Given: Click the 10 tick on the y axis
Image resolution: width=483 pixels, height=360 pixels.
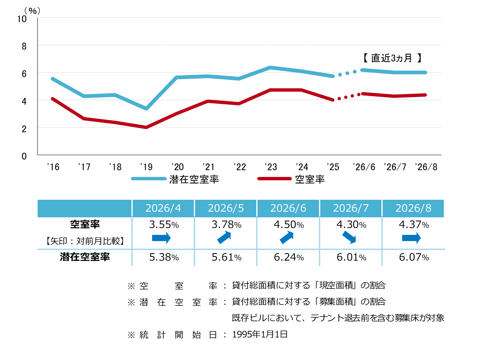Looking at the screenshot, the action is point(22,19).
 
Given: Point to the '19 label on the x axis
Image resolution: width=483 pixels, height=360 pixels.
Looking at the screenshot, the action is point(146,167).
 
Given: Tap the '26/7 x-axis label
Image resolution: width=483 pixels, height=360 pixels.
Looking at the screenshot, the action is point(395,167).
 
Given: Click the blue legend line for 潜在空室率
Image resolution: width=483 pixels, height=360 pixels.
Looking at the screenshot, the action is point(149,178).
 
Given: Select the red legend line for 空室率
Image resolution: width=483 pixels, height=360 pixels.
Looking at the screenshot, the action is point(274,178).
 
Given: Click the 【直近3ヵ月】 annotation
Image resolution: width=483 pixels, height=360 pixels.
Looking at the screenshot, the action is point(392,58).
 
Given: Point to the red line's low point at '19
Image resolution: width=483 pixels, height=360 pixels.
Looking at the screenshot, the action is point(146,127).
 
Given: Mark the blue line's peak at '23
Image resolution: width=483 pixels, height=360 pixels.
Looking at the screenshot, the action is point(270,67).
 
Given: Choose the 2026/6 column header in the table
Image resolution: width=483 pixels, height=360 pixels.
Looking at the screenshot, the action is point(288,208).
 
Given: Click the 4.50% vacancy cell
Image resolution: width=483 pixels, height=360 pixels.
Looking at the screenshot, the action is point(289,225).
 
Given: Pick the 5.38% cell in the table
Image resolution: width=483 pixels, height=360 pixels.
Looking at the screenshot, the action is point(164,257).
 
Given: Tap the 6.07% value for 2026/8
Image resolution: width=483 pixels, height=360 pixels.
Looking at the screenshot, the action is point(414,257).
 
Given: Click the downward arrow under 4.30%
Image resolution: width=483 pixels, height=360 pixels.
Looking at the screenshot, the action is point(349,237).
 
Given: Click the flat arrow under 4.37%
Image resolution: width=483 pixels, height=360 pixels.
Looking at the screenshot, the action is point(411,238).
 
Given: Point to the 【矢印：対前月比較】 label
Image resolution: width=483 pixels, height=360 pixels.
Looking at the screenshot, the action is point(85,241).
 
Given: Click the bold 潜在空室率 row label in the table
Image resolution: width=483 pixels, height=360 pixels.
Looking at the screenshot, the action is point(85,257).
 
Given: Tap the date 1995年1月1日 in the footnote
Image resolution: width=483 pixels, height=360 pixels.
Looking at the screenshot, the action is point(260,334).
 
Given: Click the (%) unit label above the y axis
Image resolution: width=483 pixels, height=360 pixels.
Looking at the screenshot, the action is point(32,11).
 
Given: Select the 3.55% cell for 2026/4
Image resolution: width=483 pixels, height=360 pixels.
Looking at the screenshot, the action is point(164,225).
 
